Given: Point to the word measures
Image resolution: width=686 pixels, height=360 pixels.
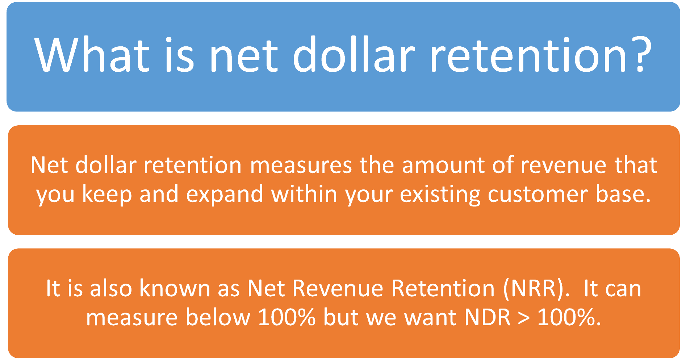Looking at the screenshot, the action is pyautogui.click(x=301, y=166).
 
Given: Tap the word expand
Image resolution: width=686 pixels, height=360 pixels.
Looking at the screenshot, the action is pyautogui.click(x=225, y=194).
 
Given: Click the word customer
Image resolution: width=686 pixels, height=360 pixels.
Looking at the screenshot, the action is pyautogui.click(x=537, y=194).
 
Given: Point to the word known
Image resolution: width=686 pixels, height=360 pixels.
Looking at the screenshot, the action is pyautogui.click(x=175, y=288).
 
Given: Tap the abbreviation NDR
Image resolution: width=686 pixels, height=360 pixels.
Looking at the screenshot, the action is pyautogui.click(x=487, y=318).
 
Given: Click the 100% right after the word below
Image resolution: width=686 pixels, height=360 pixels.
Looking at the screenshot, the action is pyautogui.click(x=286, y=317).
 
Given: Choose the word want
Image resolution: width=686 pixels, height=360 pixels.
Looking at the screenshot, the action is pyautogui.click(x=430, y=318).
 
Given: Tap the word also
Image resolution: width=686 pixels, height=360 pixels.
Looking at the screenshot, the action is pyautogui.click(x=111, y=288).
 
